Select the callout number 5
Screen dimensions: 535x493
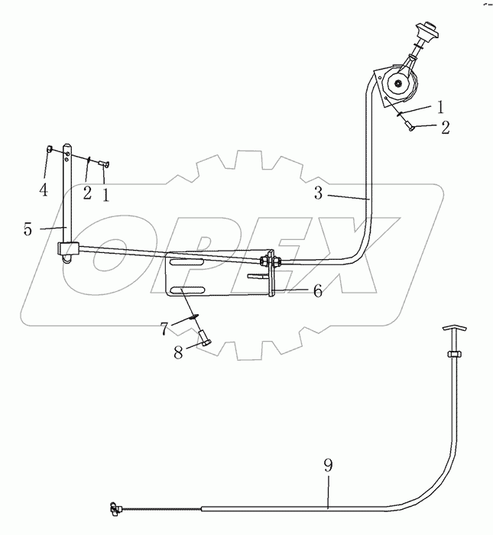(28, 228)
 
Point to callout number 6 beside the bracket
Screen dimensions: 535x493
(295, 290)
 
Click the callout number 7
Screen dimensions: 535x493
(164, 328)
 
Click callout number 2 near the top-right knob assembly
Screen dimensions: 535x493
(444, 128)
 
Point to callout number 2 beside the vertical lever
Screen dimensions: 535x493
(87, 192)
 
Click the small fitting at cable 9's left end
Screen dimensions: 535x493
(115, 507)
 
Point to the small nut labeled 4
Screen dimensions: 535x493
(50, 149)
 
